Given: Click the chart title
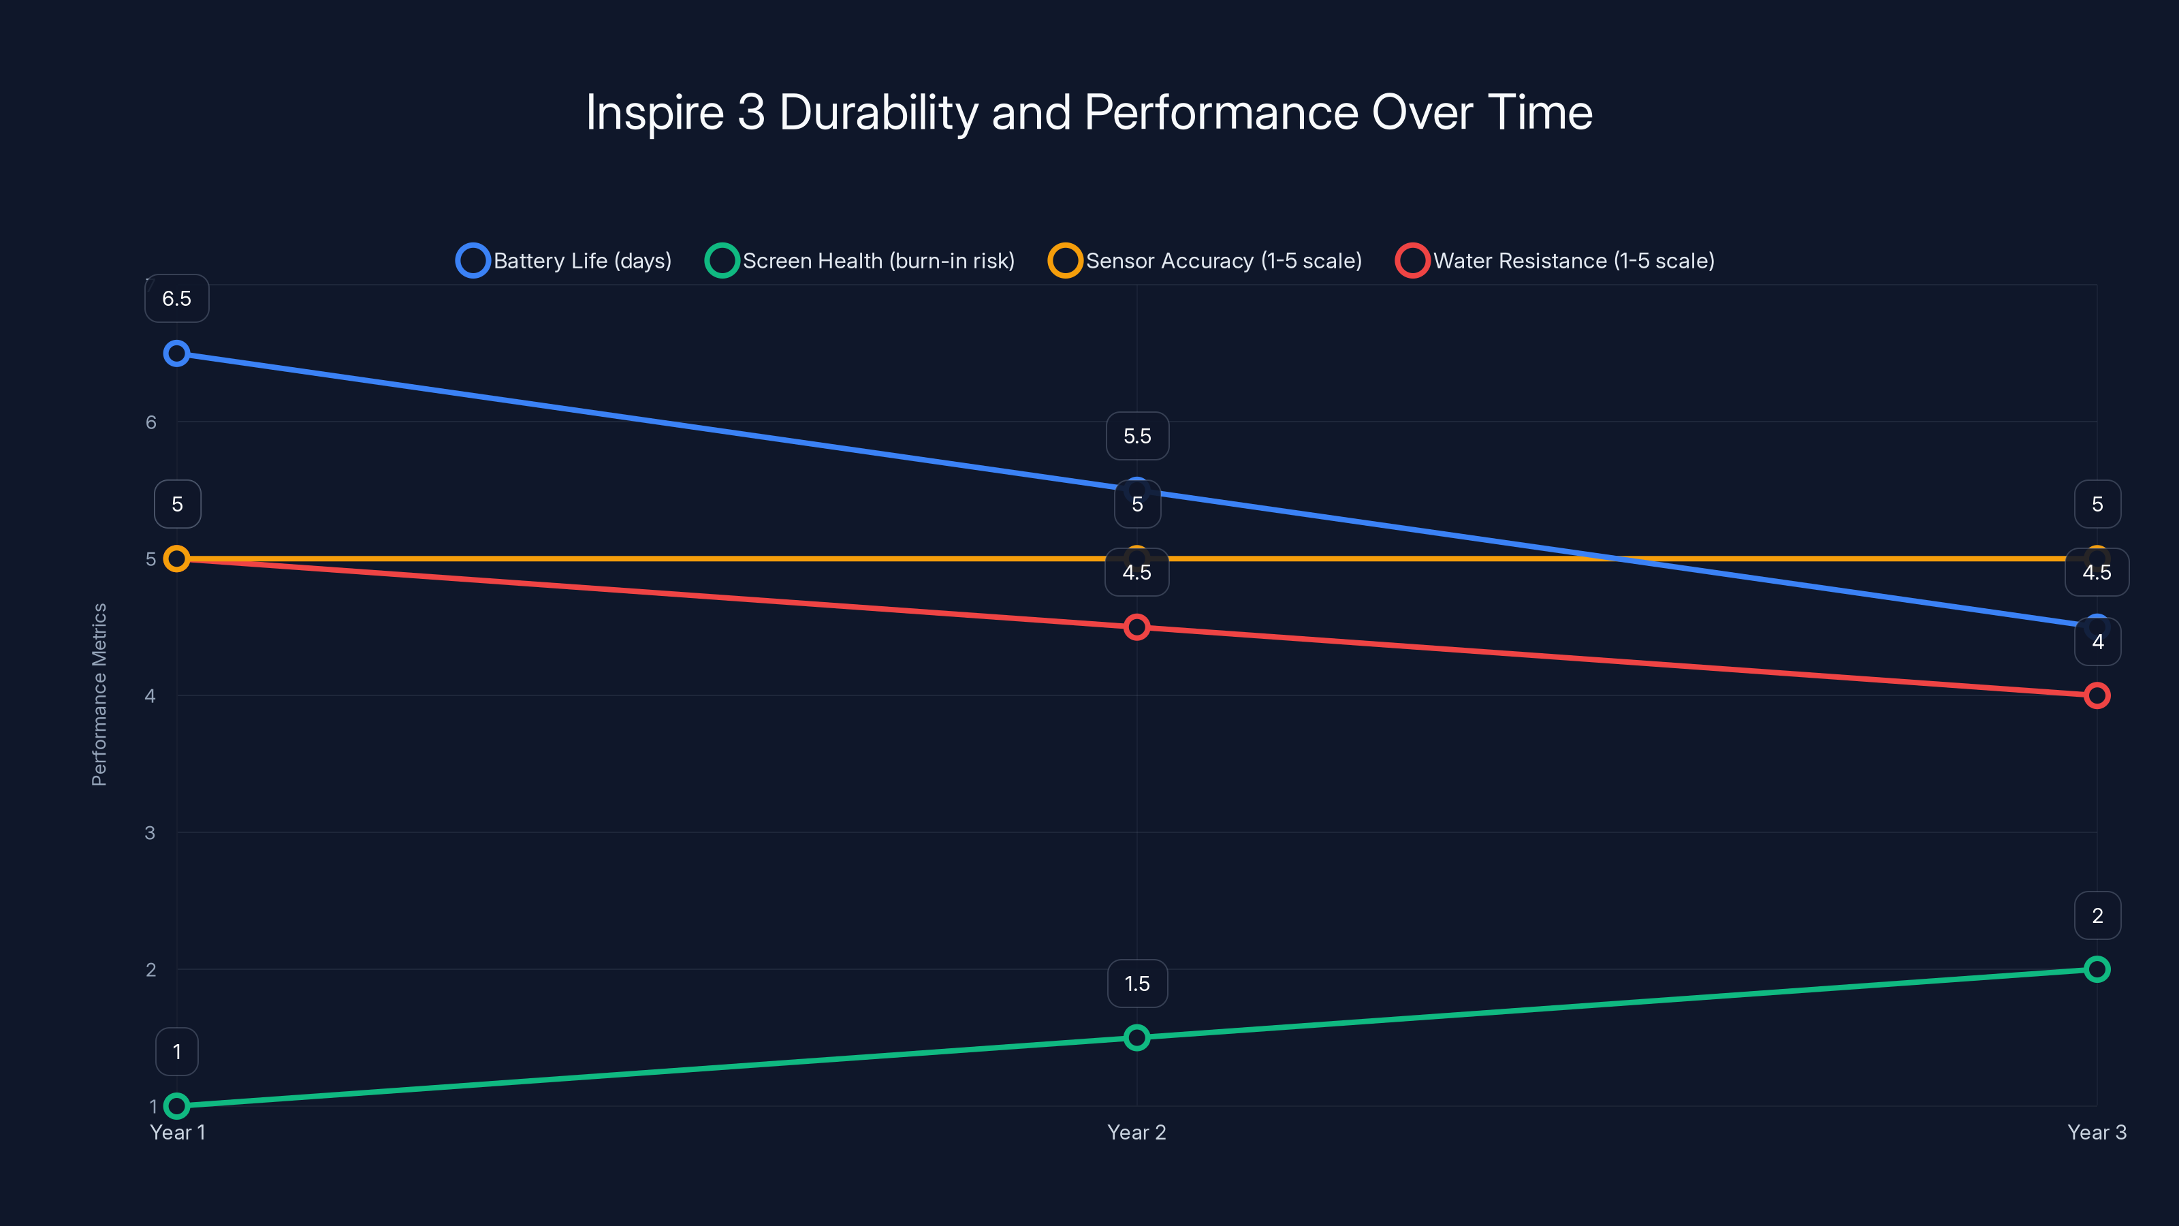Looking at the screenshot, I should (1089, 112).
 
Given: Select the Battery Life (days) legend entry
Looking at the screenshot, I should (564, 261).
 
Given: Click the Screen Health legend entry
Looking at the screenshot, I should (860, 261).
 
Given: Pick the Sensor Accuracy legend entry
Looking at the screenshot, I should (1205, 261).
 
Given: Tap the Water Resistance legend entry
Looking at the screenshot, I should (1555, 261).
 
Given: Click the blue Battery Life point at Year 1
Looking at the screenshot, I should (176, 353).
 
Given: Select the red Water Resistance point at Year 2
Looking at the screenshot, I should (1137, 627).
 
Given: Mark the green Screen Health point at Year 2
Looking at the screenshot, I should (1137, 1037).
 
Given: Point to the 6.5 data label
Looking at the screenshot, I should (177, 299).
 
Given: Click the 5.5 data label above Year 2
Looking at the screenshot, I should (1137, 436).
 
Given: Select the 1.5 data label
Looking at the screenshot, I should (1137, 983).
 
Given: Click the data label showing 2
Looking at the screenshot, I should (2097, 915).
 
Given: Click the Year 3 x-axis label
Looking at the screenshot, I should (2096, 1132).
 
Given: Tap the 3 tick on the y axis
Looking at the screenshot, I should (150, 832).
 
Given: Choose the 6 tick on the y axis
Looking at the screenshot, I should (150, 422).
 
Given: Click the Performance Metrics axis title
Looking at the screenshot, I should (99, 694).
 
